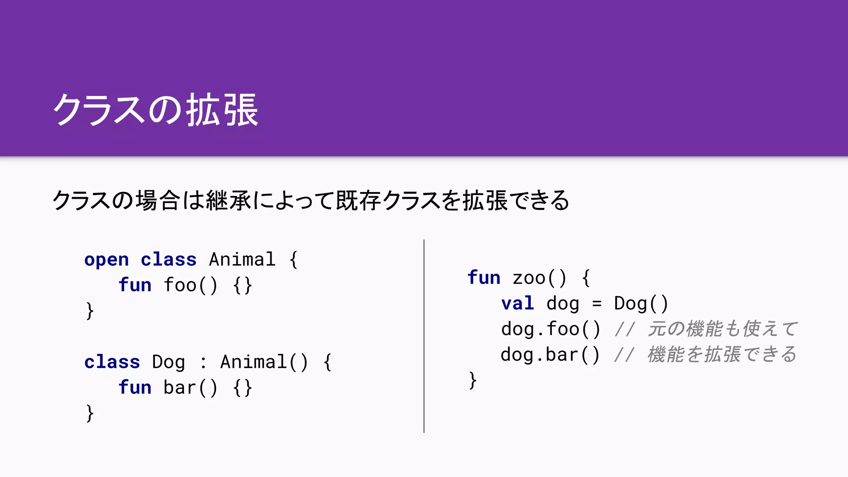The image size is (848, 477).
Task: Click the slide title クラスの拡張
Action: [x=156, y=110]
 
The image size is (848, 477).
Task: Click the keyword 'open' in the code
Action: [x=106, y=260]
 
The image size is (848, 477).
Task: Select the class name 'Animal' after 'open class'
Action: [x=242, y=260]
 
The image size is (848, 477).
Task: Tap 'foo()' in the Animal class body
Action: [x=190, y=285]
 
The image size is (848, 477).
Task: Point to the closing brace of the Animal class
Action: [x=89, y=311]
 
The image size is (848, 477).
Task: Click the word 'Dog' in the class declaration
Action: [x=168, y=362]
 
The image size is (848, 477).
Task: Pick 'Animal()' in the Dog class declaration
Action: [x=264, y=362]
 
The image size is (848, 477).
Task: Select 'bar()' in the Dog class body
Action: [x=190, y=388]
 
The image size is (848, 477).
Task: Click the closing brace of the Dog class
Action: [x=89, y=413]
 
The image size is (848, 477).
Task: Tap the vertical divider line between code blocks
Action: [x=424, y=335]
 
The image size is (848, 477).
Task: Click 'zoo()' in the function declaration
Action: [x=539, y=278]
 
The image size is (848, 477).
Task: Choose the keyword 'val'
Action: [x=518, y=304]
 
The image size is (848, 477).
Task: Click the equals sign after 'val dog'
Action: [x=597, y=304]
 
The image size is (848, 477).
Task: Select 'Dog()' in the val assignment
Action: [x=641, y=304]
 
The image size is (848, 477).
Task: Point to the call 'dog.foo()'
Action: [x=551, y=329]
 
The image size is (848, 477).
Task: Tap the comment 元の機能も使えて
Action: [x=722, y=329]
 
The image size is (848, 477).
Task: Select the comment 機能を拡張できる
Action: [x=722, y=355]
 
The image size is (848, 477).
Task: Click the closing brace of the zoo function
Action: [x=472, y=380]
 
